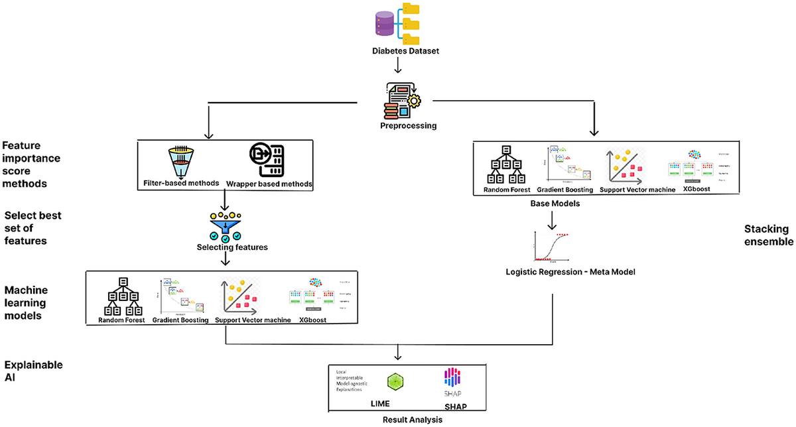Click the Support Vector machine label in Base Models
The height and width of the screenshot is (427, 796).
tap(637, 189)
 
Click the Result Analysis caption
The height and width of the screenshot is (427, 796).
tap(412, 420)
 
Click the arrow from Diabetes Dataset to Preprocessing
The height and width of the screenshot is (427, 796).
tap(397, 65)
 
